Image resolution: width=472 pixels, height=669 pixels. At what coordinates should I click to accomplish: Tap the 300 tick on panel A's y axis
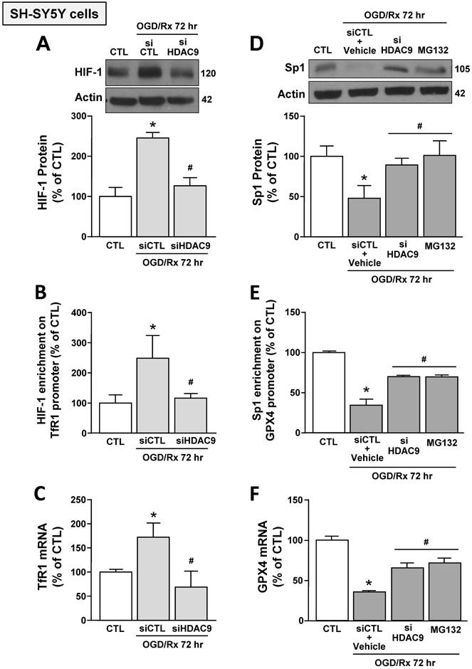pyautogui.click(x=84, y=116)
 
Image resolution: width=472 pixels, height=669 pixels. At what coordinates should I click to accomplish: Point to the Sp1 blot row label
pyautogui.click(x=293, y=68)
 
